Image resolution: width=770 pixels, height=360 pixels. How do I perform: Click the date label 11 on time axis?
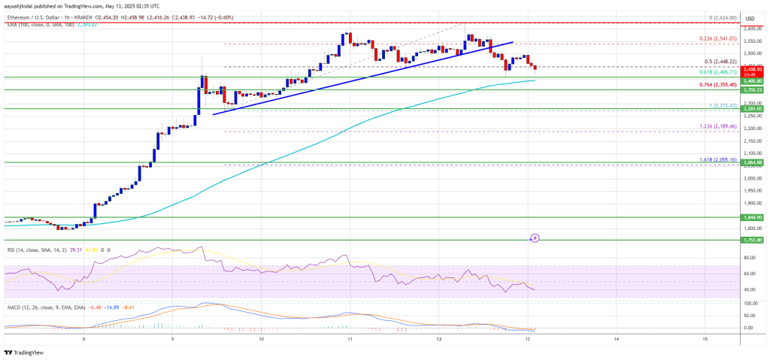coord(350,340)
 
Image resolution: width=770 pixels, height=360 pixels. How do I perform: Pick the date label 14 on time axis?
coord(616,340)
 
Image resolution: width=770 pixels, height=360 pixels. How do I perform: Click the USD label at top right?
coord(749,18)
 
